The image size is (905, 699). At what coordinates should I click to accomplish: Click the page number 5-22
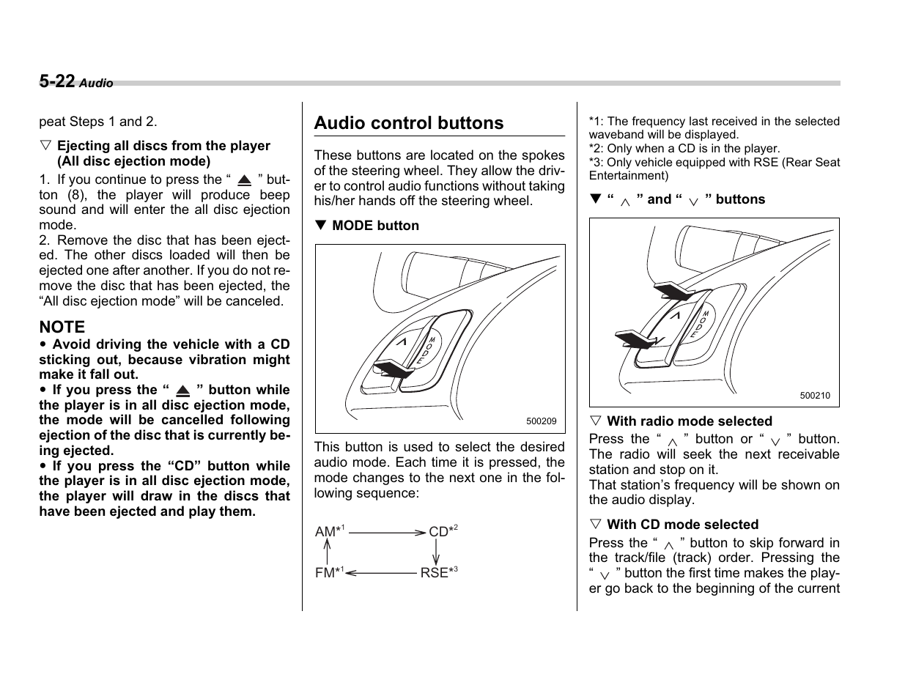point(57,81)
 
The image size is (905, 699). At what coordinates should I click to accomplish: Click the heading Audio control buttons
point(409,123)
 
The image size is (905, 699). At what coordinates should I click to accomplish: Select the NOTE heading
point(62,327)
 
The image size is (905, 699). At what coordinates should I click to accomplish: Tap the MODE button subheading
point(375,226)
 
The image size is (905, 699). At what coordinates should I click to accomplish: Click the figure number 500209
point(541,421)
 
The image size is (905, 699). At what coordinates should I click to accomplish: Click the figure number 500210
point(815,396)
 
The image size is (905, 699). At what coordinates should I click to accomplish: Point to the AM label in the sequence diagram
point(325,532)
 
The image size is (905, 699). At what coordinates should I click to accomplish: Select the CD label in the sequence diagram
point(438,532)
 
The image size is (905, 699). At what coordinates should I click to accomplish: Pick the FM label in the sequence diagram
point(325,573)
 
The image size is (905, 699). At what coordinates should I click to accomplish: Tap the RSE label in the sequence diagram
point(434,573)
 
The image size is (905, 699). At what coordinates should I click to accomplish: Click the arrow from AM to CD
point(387,533)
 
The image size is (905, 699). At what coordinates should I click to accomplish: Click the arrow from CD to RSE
point(436,552)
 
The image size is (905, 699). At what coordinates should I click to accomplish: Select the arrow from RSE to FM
point(381,574)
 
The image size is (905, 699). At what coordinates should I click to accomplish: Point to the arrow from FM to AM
point(327,552)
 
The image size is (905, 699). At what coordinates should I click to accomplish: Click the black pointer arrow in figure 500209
point(392,370)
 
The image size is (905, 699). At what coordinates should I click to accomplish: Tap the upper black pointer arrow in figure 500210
point(673,292)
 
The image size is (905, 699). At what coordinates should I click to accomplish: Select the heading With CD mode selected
point(682,525)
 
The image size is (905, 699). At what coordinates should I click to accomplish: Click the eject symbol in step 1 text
point(245,180)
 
